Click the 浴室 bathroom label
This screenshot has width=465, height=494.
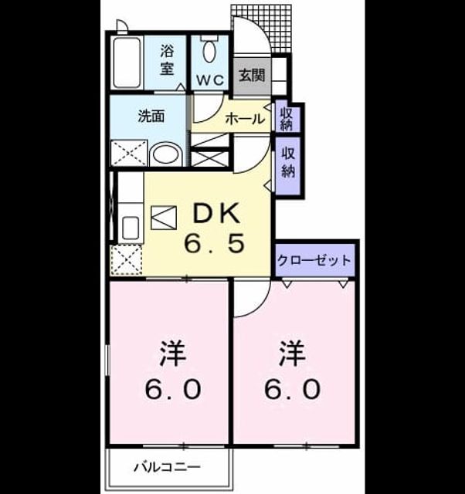click(x=167, y=60)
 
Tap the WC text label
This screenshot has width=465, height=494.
click(x=210, y=80)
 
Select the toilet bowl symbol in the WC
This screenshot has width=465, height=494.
click(x=209, y=52)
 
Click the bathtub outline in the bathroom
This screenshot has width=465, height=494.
click(x=127, y=63)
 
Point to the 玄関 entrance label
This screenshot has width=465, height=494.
click(x=252, y=76)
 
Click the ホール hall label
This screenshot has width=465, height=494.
click(x=245, y=119)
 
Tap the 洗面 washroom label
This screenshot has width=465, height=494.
click(x=151, y=117)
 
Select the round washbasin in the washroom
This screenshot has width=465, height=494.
click(x=166, y=154)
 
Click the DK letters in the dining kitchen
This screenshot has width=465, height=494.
click(x=216, y=214)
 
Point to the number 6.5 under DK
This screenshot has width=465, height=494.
click(x=215, y=243)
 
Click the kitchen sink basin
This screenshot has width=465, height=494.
click(x=131, y=228)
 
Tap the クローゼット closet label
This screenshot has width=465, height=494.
click(x=314, y=261)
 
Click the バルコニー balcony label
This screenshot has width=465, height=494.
click(x=167, y=467)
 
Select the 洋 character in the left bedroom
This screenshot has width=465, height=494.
click(x=173, y=353)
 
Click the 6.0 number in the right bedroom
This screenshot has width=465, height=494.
click(x=292, y=389)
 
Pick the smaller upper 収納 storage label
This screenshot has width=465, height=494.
click(x=287, y=119)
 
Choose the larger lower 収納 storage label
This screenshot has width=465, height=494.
click(x=288, y=163)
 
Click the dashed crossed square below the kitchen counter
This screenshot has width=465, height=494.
click(x=126, y=259)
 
